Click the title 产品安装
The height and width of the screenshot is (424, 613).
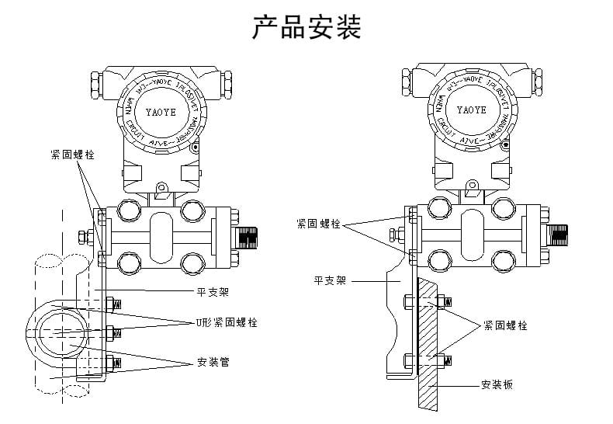[x=306, y=27]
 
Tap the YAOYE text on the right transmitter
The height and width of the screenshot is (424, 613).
[x=471, y=109]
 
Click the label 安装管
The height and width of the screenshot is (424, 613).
[x=213, y=362]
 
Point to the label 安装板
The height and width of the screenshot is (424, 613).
[x=497, y=384]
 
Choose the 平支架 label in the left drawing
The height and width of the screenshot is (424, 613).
[x=213, y=293]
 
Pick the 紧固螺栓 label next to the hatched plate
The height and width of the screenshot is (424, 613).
[x=505, y=326]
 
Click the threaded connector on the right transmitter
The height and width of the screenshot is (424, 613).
[x=559, y=231]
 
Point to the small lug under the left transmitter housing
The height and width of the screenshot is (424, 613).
[x=162, y=187]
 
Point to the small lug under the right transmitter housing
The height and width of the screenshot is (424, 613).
[x=471, y=185]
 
